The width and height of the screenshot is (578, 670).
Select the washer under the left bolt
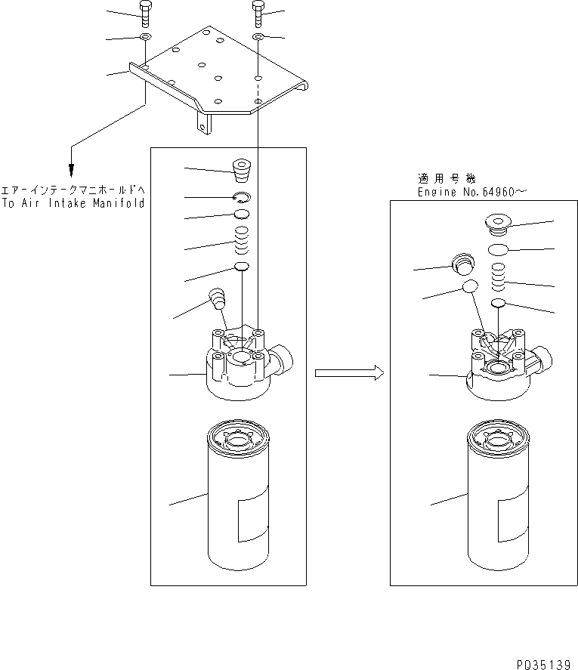click(x=144, y=36)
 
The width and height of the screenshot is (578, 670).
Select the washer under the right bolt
click(x=258, y=36)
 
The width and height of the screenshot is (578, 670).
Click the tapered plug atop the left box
click(x=242, y=171)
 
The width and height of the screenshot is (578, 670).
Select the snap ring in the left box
click(x=242, y=198)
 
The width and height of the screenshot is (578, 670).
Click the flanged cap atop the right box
click(x=497, y=224)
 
